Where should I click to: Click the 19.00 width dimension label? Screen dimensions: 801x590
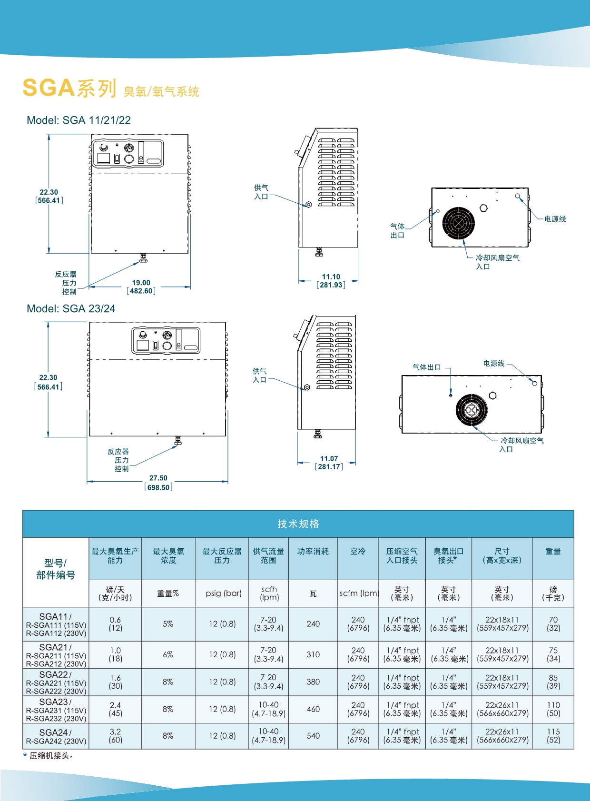tap(141, 283)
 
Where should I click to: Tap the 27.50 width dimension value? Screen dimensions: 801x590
tap(158, 478)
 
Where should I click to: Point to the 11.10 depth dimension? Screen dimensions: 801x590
tap(331, 277)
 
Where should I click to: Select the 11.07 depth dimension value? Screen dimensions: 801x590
tap(329, 458)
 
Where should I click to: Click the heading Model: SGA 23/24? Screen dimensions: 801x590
tap(71, 308)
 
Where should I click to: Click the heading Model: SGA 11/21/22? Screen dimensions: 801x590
tap(79, 120)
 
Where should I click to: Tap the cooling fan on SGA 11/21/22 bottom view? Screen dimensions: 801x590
tap(458, 223)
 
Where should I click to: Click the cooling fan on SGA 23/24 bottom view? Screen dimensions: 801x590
tap(471, 410)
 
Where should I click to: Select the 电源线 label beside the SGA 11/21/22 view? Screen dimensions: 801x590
tap(555, 219)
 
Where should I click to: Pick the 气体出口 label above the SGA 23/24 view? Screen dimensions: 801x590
tap(426, 367)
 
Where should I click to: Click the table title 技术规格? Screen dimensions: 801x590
tap(298, 524)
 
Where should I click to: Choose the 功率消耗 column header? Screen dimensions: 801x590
tap(313, 551)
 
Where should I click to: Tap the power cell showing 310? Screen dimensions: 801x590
tap(313, 654)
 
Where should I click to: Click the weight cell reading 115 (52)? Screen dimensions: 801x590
tap(553, 736)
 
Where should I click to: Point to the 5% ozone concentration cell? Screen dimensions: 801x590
tap(168, 623)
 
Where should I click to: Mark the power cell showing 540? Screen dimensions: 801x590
tap(313, 736)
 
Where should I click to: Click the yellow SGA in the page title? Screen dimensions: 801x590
tap(49, 88)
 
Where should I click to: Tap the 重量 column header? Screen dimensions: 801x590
tap(553, 551)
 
